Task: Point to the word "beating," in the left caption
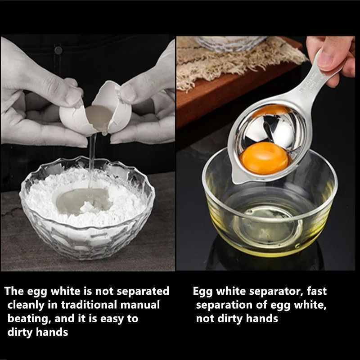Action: [28, 319]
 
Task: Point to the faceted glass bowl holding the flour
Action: [49, 225]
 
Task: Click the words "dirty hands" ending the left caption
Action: [38, 333]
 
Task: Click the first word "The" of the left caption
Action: [14, 291]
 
